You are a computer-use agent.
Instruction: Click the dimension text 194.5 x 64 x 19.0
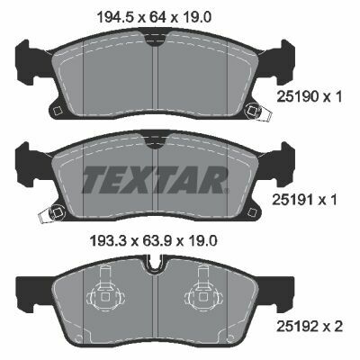pos(154,17)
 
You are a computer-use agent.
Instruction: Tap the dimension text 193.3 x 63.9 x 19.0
pos(153,240)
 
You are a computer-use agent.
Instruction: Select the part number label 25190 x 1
pos(309,96)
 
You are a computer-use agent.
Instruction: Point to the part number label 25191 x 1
pos(304,200)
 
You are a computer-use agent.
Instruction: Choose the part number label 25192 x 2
pos(309,327)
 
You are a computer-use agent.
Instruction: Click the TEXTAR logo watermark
pos(155,179)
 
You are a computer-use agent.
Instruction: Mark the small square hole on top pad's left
pos(57,111)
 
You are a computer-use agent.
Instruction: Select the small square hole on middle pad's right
pos(252,211)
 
